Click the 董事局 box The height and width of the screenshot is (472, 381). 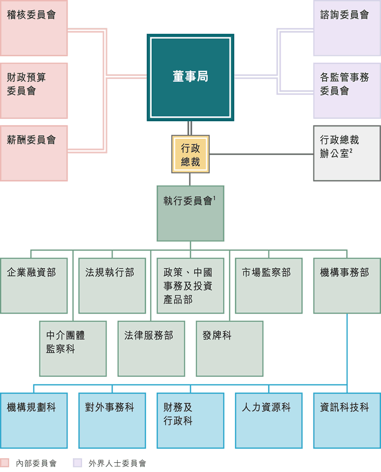pyautogui.click(x=190, y=77)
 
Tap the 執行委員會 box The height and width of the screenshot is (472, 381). pyautogui.click(x=190, y=213)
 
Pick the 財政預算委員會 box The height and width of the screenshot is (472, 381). pyautogui.click(x=34, y=91)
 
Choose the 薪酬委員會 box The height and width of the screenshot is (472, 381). pyautogui.click(x=34, y=153)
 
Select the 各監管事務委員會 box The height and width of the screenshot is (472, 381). pyautogui.click(x=347, y=91)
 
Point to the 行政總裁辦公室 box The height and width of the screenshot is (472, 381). pyautogui.click(x=347, y=153)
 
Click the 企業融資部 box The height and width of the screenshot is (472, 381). pyautogui.click(x=34, y=286)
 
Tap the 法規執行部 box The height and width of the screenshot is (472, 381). pyautogui.click(x=112, y=286)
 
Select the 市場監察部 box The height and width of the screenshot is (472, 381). pyautogui.click(x=269, y=286)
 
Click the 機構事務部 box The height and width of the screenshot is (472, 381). pyautogui.click(x=347, y=286)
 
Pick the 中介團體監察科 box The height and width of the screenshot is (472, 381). pyautogui.click(x=73, y=349)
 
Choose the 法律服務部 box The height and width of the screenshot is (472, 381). pyautogui.click(x=151, y=349)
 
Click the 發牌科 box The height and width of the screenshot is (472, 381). pyautogui.click(x=229, y=349)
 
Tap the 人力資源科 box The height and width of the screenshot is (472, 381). pyautogui.click(x=269, y=420)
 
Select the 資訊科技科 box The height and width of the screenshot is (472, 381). pyautogui.click(x=347, y=420)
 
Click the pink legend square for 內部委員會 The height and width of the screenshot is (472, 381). pyautogui.click(x=5, y=463)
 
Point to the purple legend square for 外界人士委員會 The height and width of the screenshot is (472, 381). pyautogui.click(x=78, y=463)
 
